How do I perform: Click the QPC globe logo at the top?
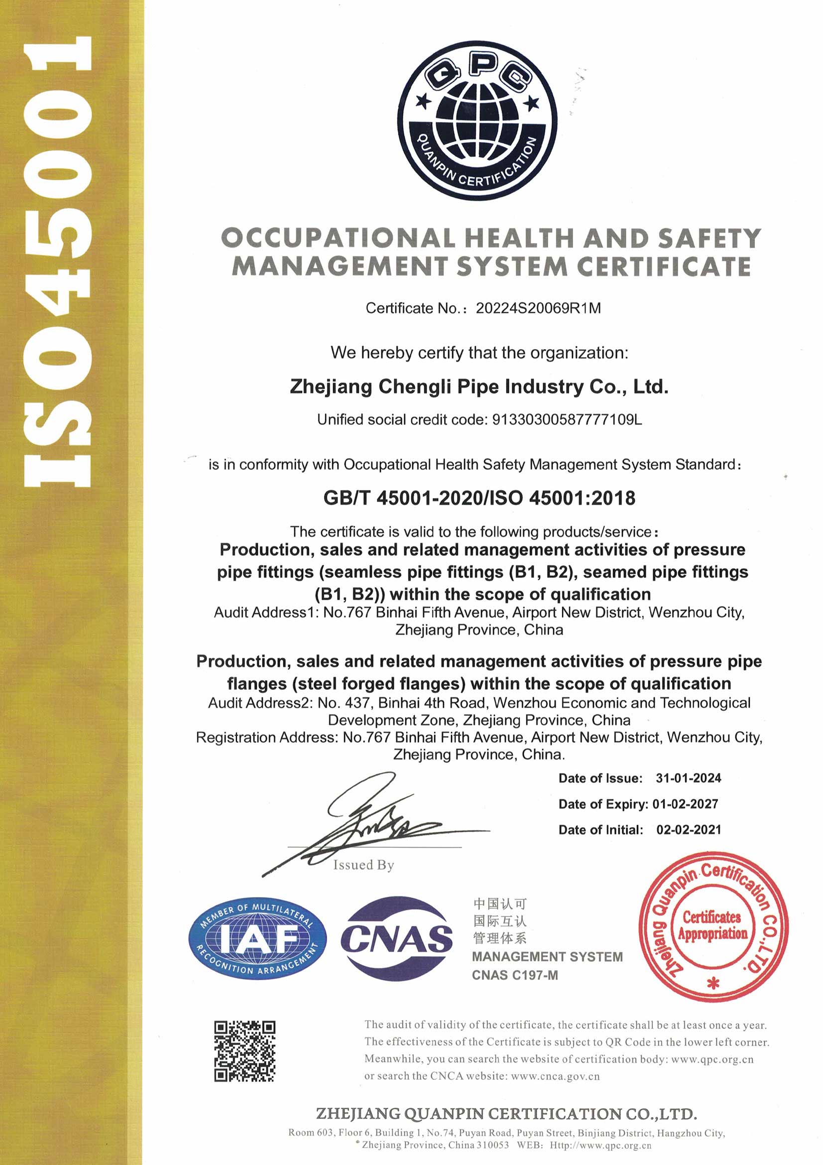click(476, 121)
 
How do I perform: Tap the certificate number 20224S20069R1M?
click(538, 308)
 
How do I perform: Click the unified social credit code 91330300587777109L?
click(567, 419)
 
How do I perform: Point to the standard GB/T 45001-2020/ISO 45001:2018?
click(479, 498)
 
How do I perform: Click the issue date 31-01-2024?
click(688, 778)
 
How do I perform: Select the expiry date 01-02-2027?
click(685, 804)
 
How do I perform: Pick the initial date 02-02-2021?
click(688, 830)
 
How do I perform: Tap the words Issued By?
click(363, 865)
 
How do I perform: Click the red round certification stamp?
click(713, 926)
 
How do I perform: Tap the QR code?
click(244, 1051)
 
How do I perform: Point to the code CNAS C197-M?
click(515, 975)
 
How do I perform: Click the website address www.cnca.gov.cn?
click(555, 1076)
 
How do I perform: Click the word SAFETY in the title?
click(709, 238)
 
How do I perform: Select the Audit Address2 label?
click(259, 703)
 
